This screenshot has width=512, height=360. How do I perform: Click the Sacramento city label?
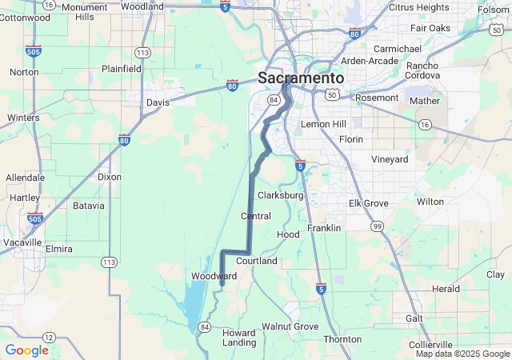[x=301, y=78]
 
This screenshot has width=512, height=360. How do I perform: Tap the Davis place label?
[x=158, y=102]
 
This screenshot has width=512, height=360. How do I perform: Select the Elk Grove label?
[x=368, y=203]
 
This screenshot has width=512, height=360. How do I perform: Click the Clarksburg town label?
[x=281, y=195]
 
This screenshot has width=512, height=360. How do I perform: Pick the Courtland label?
[x=257, y=261]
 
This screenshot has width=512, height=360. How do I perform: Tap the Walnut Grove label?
[x=290, y=326]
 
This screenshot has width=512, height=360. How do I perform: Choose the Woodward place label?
[x=214, y=276]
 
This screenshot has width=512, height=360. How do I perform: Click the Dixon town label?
[x=109, y=177]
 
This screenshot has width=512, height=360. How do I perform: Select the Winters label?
[x=23, y=118]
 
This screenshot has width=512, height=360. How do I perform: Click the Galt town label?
[x=414, y=318]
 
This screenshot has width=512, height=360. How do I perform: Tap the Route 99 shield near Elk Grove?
[x=376, y=227]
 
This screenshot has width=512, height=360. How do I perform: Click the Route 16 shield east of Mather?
[x=425, y=125]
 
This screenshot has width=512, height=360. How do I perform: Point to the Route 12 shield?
[x=49, y=337]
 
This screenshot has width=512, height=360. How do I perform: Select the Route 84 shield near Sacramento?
[x=274, y=100]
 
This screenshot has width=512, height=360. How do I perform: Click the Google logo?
[x=26, y=350]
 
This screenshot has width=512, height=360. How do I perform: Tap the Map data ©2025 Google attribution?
[x=462, y=354]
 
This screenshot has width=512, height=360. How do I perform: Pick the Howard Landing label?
[x=238, y=338]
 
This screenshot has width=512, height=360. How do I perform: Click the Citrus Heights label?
[x=418, y=7]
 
